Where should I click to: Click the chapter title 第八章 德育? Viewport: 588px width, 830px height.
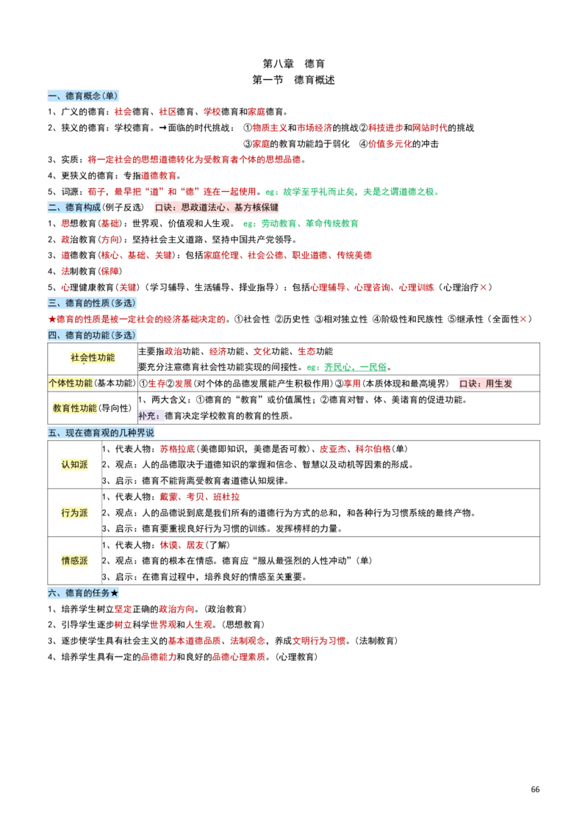(294, 63)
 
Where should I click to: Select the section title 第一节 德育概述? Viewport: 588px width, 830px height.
(294, 80)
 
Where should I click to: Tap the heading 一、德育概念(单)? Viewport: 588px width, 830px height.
(82, 95)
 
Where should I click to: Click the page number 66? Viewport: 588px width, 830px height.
(535, 790)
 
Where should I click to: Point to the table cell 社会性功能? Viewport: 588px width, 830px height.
(93, 358)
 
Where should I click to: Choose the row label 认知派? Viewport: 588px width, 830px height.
(75, 465)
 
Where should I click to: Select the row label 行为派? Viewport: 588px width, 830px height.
(75, 513)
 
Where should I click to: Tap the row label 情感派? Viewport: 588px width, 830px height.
(75, 560)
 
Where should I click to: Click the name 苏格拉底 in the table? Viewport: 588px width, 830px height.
(177, 449)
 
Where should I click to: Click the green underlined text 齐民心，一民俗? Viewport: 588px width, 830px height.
(356, 367)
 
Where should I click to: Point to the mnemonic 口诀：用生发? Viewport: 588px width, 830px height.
(486, 383)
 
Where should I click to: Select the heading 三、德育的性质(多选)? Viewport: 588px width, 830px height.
(92, 303)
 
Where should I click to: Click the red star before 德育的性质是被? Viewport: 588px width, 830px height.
(52, 320)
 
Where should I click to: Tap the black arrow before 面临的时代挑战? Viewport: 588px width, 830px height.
(162, 128)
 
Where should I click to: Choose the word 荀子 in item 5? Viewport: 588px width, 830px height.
(96, 192)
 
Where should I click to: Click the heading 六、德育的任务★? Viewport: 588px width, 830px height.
(83, 593)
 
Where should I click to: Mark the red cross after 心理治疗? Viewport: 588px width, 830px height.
(483, 287)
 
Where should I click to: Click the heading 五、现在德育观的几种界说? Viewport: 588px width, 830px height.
(101, 433)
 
